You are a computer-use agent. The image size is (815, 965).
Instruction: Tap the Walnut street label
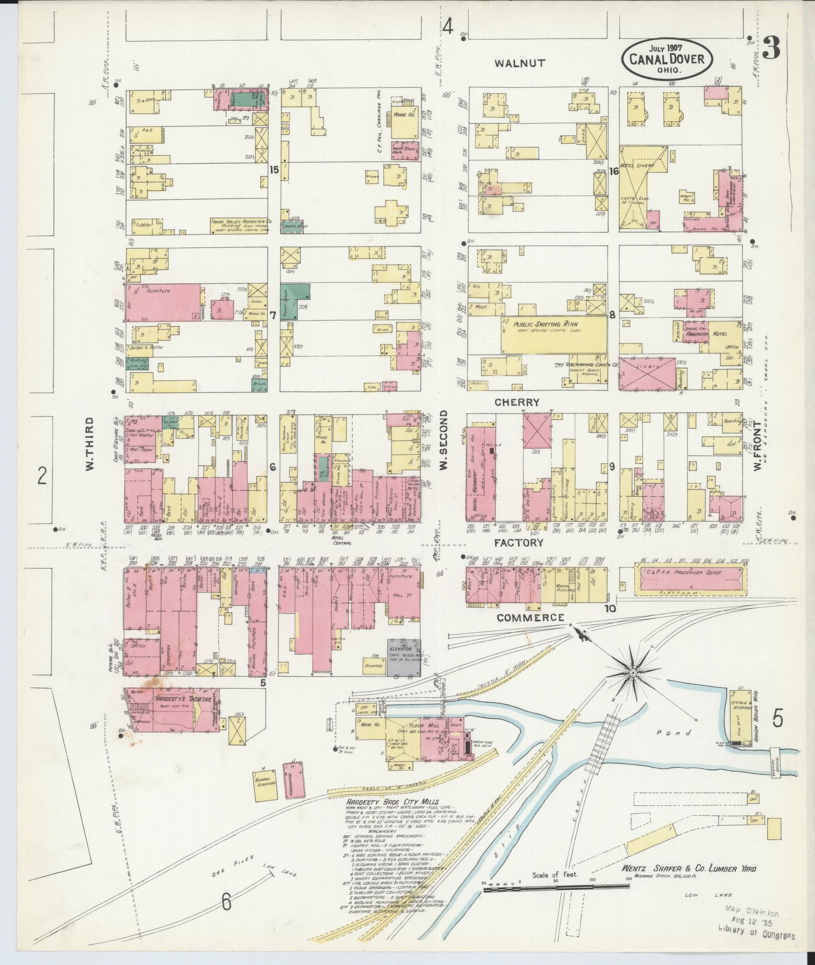click(x=520, y=63)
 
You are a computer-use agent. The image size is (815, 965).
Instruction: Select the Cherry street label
click(x=517, y=402)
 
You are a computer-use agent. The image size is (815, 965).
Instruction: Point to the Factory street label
click(x=519, y=542)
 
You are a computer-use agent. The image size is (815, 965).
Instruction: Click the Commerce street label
click(x=531, y=617)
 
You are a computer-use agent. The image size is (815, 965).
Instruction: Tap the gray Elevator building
click(x=404, y=658)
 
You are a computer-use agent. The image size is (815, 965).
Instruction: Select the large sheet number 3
click(x=773, y=49)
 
